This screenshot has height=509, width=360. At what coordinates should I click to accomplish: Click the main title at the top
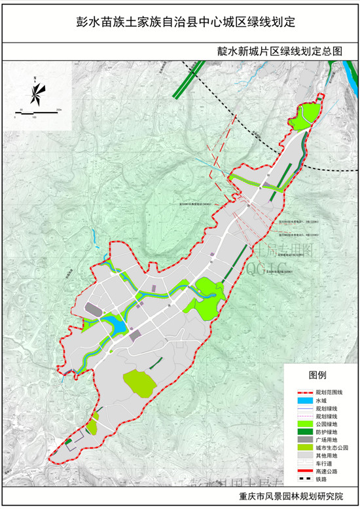(181, 22)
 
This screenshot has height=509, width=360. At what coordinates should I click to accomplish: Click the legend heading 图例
(317, 375)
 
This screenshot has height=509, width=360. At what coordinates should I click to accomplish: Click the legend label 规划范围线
(328, 391)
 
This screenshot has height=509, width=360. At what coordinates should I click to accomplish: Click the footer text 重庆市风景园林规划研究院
(292, 497)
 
